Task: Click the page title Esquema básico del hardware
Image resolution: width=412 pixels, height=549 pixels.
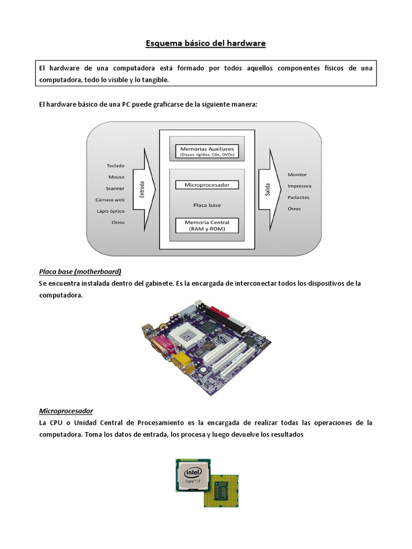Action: click(x=205, y=43)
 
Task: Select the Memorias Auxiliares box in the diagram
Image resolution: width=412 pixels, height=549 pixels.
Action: click(x=207, y=151)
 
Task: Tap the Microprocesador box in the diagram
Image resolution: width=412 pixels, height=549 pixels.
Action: click(x=207, y=185)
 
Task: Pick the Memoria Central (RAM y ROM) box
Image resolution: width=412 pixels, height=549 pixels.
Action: click(x=207, y=225)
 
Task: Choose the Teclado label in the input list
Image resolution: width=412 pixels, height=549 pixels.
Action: click(x=116, y=166)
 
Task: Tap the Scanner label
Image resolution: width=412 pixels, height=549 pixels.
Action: click(x=115, y=188)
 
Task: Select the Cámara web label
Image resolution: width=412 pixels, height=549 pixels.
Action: click(x=110, y=200)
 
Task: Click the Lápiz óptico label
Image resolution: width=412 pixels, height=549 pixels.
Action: click(x=111, y=211)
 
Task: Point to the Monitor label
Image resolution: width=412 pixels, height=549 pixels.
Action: click(x=297, y=175)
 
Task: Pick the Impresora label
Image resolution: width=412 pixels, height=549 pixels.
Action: click(x=299, y=186)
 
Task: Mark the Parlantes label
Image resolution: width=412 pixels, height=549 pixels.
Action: click(x=298, y=197)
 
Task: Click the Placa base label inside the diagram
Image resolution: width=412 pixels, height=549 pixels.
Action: click(x=207, y=205)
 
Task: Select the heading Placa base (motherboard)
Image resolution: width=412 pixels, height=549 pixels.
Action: click(x=80, y=271)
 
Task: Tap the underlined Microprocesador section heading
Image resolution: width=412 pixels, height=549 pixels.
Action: click(x=66, y=411)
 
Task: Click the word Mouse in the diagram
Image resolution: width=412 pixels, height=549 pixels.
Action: click(x=116, y=177)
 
